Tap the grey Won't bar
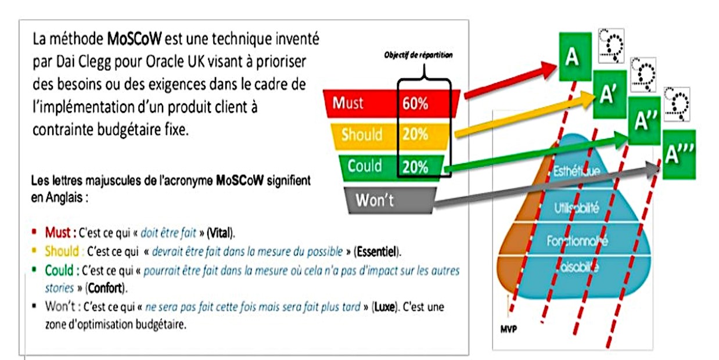378,200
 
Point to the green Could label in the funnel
364,166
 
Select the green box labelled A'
608,95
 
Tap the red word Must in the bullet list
59,233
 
